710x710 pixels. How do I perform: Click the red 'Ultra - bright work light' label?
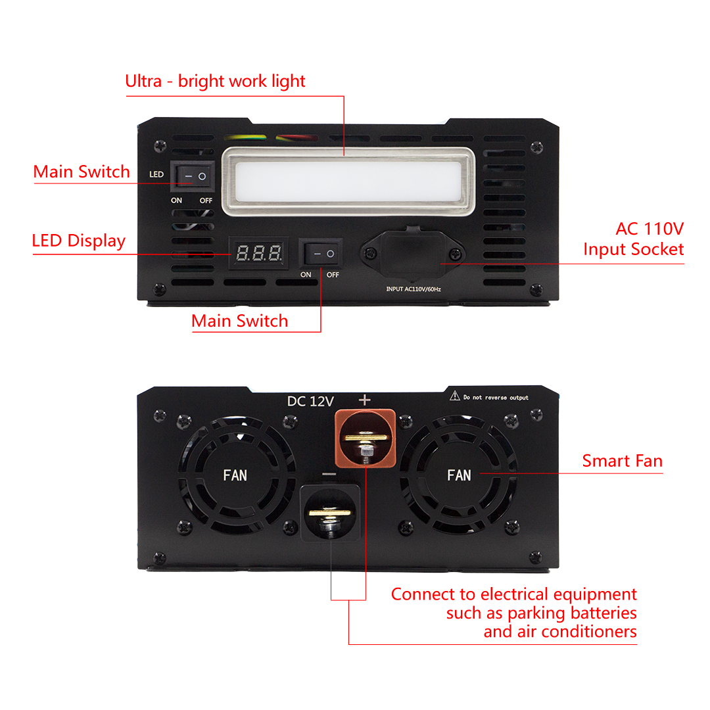coord(215,82)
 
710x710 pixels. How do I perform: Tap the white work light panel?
coord(346,181)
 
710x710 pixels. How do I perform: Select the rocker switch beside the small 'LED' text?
coord(194,176)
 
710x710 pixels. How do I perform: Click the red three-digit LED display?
coord(260,252)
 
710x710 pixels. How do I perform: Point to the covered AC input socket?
coord(412,252)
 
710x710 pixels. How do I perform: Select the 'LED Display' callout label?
coord(79,241)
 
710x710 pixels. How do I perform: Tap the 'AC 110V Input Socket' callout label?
coord(634,239)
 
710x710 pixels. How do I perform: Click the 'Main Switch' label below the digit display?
coord(239,321)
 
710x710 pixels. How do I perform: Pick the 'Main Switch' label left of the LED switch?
coord(82,172)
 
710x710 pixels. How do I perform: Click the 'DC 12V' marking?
coord(310,401)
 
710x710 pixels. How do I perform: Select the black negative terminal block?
coord(331,512)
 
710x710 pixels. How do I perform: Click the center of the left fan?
coord(235,475)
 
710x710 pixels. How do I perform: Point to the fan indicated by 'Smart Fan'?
coord(458,475)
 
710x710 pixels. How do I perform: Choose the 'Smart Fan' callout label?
coord(622,461)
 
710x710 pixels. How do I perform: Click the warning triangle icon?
coord(454,395)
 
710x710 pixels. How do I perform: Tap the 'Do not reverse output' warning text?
coord(496,398)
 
